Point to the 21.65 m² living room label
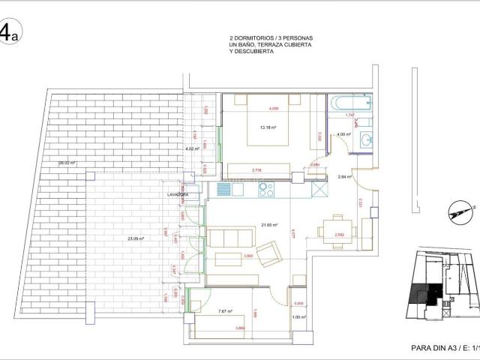(269, 224)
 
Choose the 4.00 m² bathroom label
(343, 135)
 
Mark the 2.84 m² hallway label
(345, 177)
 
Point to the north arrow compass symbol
(455, 212)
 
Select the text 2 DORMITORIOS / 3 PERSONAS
(271, 37)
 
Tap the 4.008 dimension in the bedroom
(274, 108)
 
